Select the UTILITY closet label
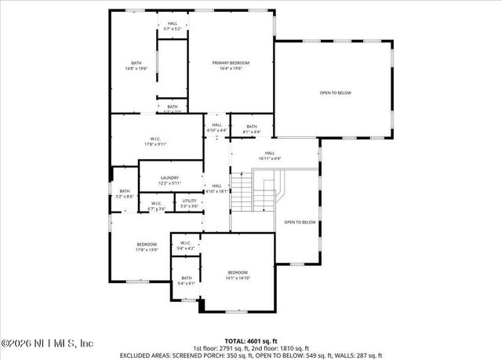(x=189, y=203)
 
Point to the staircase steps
(x=245, y=193)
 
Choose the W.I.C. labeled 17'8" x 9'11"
(x=155, y=141)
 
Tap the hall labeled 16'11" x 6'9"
(x=270, y=155)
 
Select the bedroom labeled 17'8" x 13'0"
(x=147, y=247)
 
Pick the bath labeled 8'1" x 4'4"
(x=252, y=129)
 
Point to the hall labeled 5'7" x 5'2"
(x=173, y=26)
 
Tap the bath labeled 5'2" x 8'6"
(x=125, y=194)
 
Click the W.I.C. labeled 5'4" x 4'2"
(x=186, y=245)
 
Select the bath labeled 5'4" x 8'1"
(x=187, y=280)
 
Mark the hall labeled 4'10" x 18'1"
(x=216, y=188)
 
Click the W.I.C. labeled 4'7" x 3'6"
(x=157, y=206)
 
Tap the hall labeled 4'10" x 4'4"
(x=216, y=127)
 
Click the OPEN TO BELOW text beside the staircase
(x=300, y=222)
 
